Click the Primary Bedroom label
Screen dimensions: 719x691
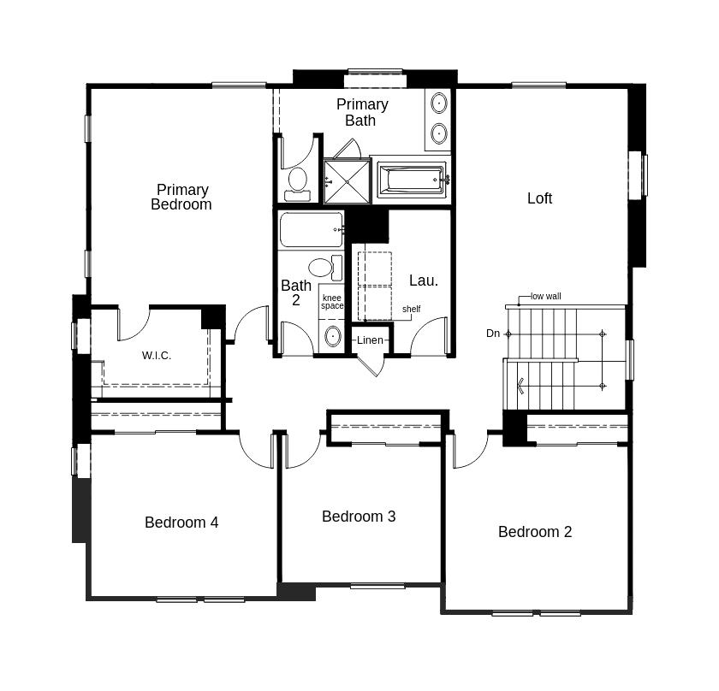coord(181,197)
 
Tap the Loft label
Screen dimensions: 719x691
coord(539,198)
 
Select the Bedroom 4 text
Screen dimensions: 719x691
coord(181,523)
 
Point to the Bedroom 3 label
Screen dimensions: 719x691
coord(359,517)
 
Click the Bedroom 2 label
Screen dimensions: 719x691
coord(535,532)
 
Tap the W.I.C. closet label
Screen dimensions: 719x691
coord(157,356)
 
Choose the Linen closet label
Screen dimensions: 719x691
coord(370,340)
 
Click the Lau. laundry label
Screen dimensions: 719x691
coord(423,281)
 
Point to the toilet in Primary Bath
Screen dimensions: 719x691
coord(297,184)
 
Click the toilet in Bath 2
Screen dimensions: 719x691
coord(325,268)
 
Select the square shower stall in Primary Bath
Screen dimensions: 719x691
coord(348,181)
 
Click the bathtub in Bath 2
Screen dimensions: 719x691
coord(311,229)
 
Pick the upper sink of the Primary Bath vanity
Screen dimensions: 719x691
coord(439,103)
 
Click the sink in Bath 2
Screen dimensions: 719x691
coord(332,336)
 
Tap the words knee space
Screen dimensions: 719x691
coord(332,302)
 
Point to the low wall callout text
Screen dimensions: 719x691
coord(546,296)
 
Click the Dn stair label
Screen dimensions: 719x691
coord(493,334)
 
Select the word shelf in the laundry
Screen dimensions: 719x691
coord(412,309)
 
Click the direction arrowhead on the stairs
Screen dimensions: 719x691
coord(520,386)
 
